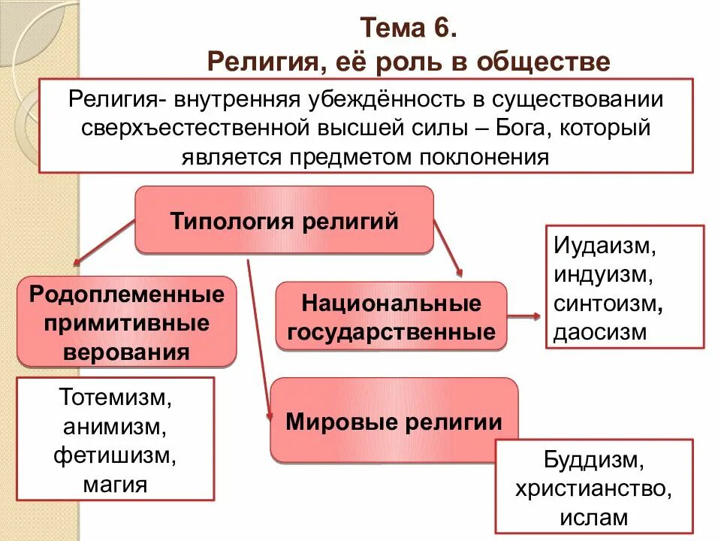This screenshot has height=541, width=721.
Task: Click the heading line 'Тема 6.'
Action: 408,29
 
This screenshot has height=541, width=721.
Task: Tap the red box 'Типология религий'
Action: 284,221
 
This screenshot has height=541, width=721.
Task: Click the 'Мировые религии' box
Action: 394,422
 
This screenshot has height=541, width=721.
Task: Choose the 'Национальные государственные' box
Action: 391,317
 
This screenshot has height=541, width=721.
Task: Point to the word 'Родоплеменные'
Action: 127,294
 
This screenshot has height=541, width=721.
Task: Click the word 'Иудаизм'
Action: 610,246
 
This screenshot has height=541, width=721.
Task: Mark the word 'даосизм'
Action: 600,332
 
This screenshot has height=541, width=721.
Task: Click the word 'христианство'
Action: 593,488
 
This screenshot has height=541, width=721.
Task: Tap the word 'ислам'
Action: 593,517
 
